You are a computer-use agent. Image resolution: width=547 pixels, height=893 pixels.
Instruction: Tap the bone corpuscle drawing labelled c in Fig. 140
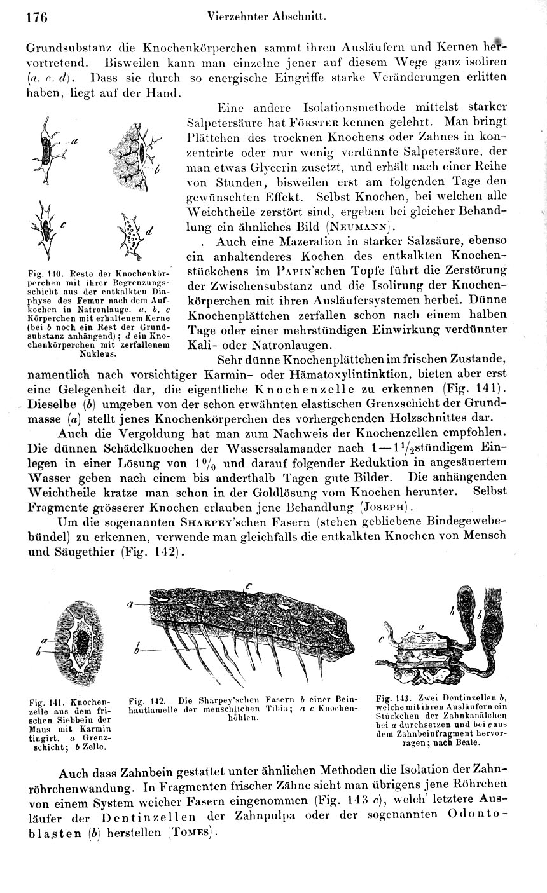pos(46,224)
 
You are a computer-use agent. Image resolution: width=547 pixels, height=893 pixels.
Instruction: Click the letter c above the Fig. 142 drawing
pos(249,585)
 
